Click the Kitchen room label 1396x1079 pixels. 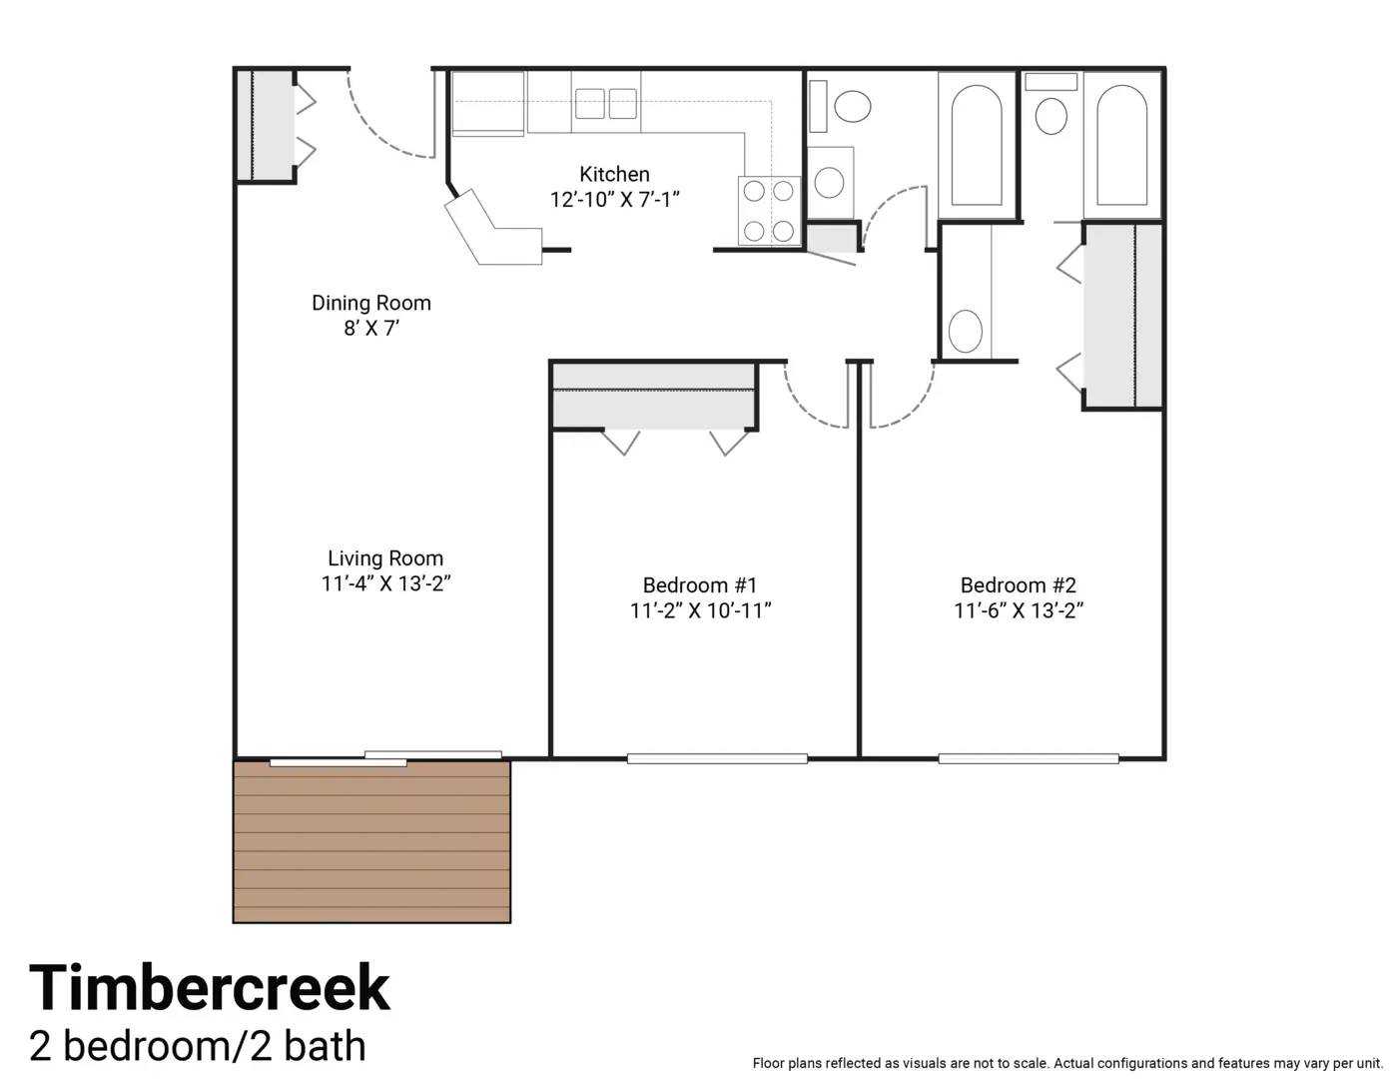614,174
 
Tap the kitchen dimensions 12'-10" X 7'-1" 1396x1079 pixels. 614,200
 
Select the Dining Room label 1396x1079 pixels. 371,303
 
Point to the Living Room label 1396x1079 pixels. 385,557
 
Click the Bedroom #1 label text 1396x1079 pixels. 700,584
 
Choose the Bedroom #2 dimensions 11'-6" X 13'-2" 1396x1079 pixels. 1019,610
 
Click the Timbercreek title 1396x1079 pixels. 210,987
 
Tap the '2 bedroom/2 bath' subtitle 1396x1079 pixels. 198,1046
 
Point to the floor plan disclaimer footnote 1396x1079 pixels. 1067,1063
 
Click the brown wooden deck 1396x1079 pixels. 371,841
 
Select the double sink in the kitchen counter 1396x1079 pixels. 606,104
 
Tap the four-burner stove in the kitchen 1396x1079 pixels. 769,211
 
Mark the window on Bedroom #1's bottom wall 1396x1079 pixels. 717,758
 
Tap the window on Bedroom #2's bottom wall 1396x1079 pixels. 1029,758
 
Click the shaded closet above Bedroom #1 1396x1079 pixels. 654,397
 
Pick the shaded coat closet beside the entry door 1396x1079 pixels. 266,125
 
